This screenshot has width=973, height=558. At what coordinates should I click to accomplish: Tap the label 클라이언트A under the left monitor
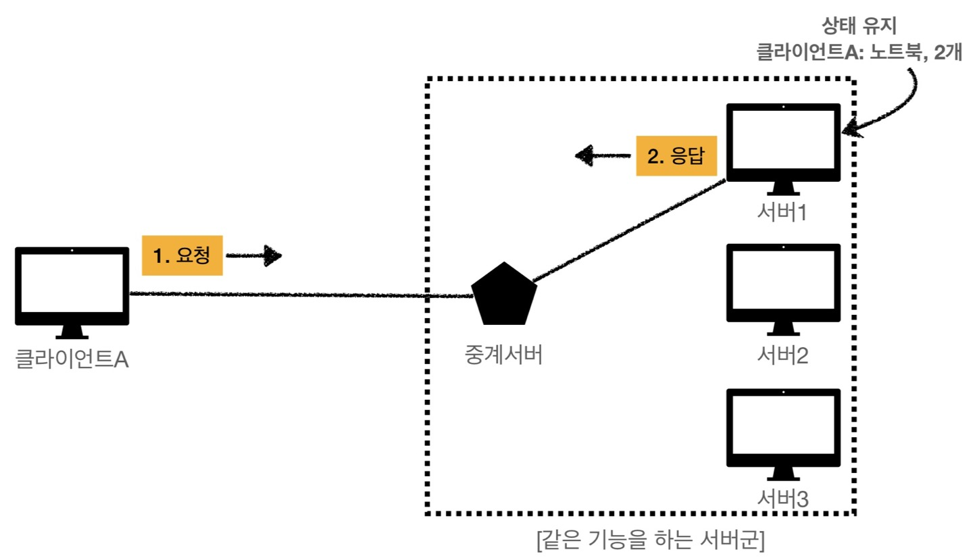(72, 359)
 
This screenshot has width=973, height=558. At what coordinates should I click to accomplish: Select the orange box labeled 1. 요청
(182, 255)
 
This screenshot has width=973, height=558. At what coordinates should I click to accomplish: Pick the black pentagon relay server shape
(504, 293)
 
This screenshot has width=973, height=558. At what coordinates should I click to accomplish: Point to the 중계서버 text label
(503, 354)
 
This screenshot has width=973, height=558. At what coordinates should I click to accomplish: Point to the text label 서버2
(783, 354)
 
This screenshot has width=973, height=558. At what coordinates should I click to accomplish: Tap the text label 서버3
(783, 499)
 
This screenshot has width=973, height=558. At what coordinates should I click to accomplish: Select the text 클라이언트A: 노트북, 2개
(858, 53)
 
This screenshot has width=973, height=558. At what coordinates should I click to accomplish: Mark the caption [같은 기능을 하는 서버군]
(649, 541)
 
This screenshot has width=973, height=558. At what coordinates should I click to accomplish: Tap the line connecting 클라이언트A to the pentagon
(297, 295)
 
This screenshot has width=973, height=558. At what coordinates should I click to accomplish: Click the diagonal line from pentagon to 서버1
(628, 230)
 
